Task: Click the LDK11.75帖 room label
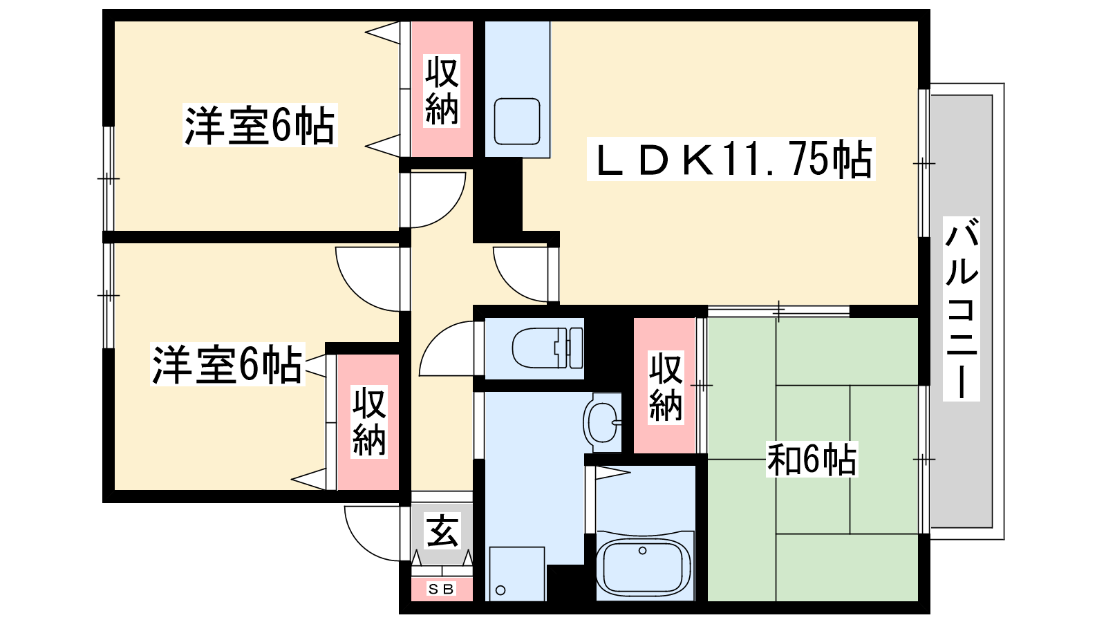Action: pyautogui.click(x=731, y=159)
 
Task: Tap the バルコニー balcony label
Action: pyautogui.click(x=962, y=309)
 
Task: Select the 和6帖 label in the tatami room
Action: pyautogui.click(x=812, y=459)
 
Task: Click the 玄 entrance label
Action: pyautogui.click(x=442, y=531)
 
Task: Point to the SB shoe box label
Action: pyautogui.click(x=441, y=589)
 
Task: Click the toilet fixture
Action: pyautogui.click(x=547, y=348)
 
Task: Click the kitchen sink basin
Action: pyautogui.click(x=517, y=122)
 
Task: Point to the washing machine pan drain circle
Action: pyautogui.click(x=500, y=590)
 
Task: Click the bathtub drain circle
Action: pyautogui.click(x=642, y=550)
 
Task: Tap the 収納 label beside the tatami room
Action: pyautogui.click(x=666, y=387)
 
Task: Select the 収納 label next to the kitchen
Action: pyautogui.click(x=442, y=91)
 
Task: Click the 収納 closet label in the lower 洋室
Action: pyautogui.click(x=369, y=422)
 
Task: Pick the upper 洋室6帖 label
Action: pyautogui.click(x=260, y=125)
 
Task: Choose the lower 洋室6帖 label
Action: pyautogui.click(x=227, y=364)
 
